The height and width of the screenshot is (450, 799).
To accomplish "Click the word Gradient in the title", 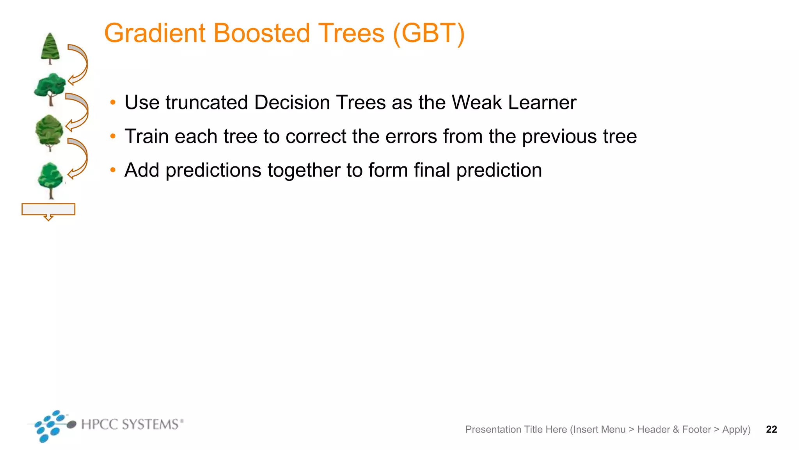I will click(154, 33).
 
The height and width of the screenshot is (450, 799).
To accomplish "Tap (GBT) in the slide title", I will click(429, 33).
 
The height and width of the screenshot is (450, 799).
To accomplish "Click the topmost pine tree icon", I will click(50, 48).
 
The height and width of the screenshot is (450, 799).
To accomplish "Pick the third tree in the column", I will click(49, 132).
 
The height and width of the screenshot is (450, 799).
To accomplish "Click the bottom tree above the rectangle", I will click(50, 180).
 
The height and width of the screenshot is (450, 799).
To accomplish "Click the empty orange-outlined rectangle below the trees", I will click(48, 209).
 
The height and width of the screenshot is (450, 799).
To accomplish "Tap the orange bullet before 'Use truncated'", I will click(113, 103).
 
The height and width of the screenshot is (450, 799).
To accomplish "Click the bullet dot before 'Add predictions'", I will click(113, 170).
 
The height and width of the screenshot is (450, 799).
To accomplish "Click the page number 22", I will click(771, 429).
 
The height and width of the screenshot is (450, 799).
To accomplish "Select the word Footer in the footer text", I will click(696, 429).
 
